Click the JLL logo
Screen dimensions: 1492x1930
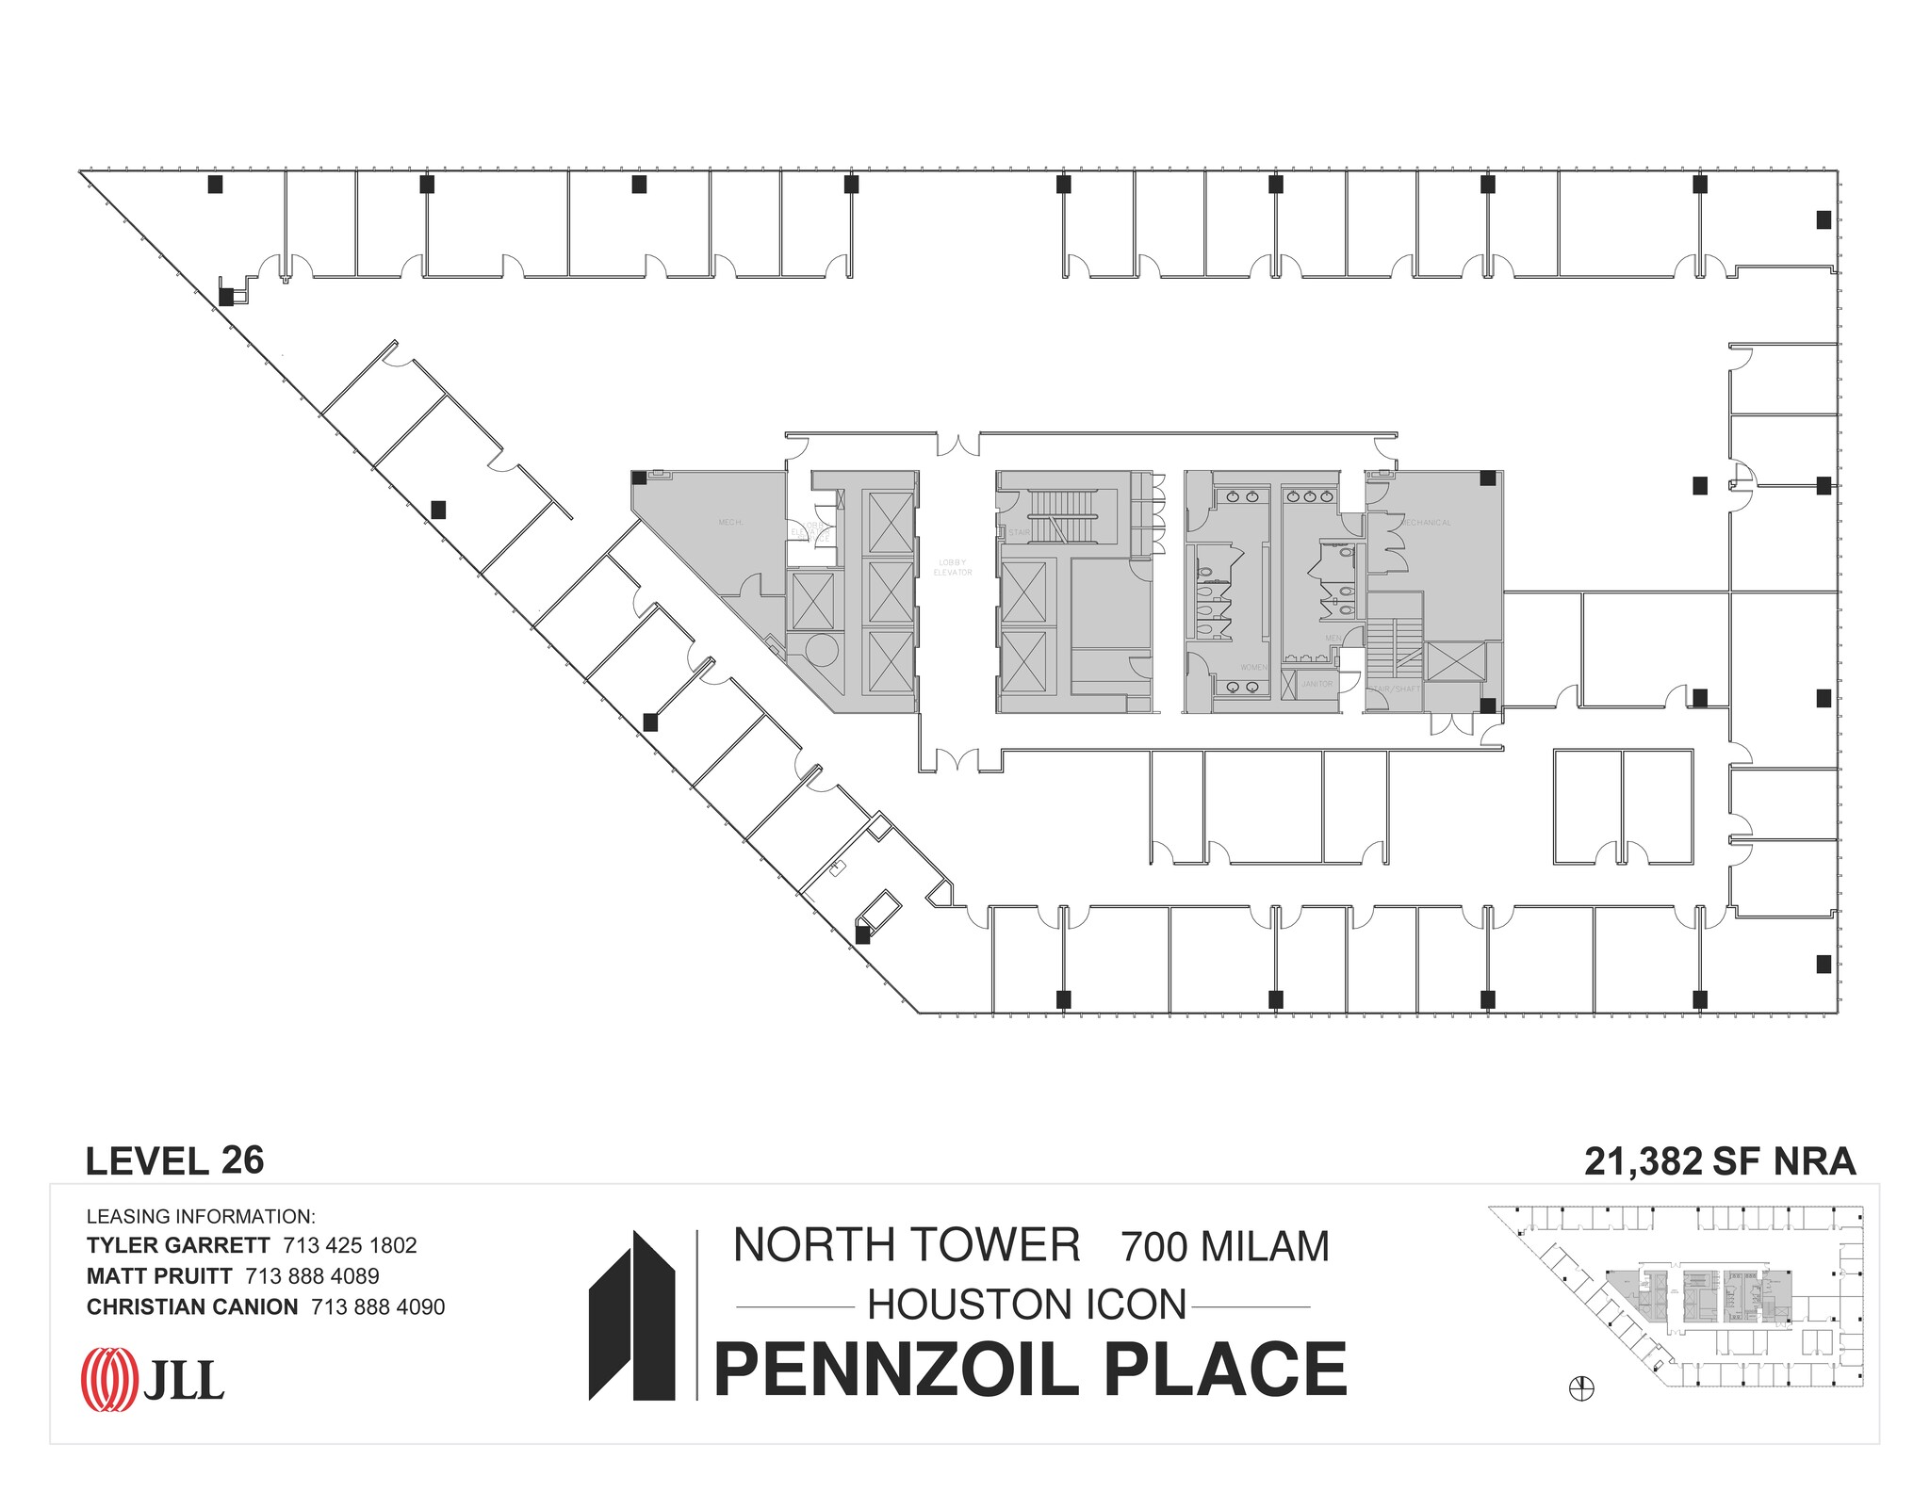153,1380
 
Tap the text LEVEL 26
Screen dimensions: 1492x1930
174,1161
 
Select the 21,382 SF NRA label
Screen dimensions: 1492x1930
1720,1161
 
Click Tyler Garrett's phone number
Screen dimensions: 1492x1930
350,1245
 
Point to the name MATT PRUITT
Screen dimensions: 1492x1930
159,1276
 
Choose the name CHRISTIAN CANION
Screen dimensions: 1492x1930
192,1307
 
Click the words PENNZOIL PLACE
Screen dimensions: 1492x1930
1030,1370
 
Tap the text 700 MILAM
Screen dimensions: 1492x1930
1225,1247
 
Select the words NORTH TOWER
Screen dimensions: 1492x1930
907,1245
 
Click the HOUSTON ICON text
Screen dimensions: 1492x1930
1026,1305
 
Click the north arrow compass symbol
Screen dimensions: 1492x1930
1581,1387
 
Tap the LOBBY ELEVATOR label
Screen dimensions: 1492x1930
952,568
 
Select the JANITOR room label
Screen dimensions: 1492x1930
1317,684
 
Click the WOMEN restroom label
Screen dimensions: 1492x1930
1253,668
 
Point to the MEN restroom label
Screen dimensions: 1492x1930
1333,638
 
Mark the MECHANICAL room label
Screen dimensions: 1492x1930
1425,523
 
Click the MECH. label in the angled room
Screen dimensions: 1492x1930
730,522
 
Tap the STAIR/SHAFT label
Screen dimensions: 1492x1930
1395,689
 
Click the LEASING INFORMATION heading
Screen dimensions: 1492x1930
201,1216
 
